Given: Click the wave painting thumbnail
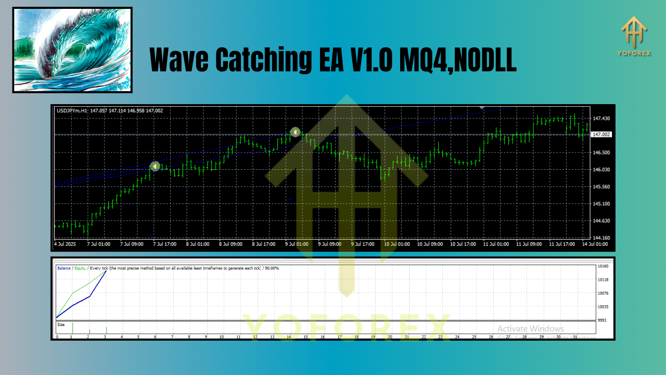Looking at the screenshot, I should tap(72, 50).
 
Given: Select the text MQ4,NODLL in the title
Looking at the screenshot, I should tap(458, 60).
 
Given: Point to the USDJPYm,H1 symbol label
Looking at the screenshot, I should tap(72, 110).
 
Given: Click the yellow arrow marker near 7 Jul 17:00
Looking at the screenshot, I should tap(155, 166).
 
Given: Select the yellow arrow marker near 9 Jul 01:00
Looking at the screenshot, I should tap(295, 132).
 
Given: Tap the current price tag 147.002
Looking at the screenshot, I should tap(601, 134).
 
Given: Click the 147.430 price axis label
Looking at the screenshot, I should tap(601, 119).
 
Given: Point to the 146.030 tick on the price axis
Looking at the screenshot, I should tap(601, 170).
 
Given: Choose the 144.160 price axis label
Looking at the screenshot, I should tap(601, 238).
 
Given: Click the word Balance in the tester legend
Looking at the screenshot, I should tap(65, 268).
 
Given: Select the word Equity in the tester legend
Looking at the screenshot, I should tap(80, 268).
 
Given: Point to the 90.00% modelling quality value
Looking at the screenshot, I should tap(271, 268).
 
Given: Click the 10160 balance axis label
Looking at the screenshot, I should tap(604, 266).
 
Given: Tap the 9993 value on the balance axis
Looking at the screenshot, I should tap(603, 320).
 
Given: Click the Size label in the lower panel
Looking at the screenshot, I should tap(61, 324).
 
